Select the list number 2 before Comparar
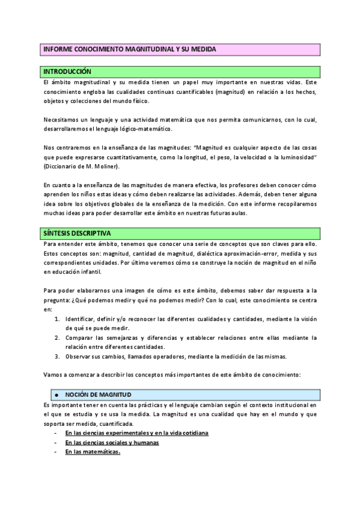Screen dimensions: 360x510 tap(56, 338)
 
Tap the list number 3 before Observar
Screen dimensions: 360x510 tap(56, 356)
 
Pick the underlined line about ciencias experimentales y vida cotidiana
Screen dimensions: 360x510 tap(136, 433)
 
